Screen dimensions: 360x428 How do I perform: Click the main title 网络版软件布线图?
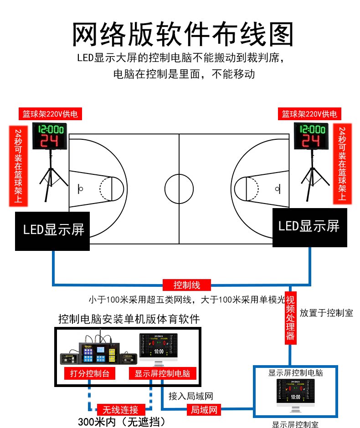pos(183,35)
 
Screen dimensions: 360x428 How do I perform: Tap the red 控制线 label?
pos(187,285)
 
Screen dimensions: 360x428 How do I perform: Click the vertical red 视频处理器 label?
pos(291,316)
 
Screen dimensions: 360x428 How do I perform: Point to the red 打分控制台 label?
pos(86,373)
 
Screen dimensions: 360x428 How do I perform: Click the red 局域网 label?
pos(203,409)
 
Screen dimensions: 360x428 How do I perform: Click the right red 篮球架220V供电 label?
pos(309,114)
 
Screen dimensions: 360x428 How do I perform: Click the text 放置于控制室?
pos(326,313)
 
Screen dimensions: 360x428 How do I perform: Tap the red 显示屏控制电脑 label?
pos(163,373)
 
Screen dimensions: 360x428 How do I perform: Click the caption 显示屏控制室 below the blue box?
pos(295,424)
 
